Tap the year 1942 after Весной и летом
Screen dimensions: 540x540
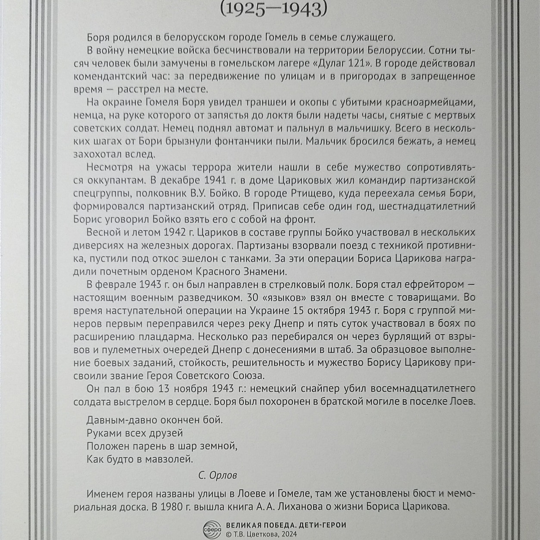pyautogui.click(x=175, y=233)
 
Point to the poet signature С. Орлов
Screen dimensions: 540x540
pyautogui.click(x=218, y=475)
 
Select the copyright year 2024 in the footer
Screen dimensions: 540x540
pyautogui.click(x=288, y=534)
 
